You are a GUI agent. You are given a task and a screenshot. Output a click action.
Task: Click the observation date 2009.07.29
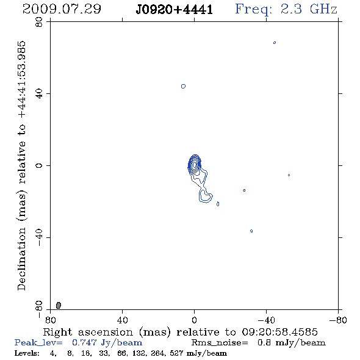coord(62,9)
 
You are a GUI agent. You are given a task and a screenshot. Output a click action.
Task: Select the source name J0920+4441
coord(175,10)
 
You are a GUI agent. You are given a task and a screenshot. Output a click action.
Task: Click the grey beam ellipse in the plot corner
coord(59,305)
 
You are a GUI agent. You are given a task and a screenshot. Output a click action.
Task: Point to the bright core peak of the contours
coord(195,164)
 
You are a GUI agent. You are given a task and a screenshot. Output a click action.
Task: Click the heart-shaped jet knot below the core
coord(206,195)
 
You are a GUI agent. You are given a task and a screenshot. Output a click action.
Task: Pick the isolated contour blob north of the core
coord(183,86)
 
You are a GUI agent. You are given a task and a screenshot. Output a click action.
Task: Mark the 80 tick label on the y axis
coord(39,22)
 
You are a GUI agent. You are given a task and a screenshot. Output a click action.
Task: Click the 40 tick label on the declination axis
coord(39,94)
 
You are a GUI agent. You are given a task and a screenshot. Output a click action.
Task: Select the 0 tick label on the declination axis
coord(39,165)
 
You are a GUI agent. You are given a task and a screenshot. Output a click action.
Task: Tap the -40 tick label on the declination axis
coord(39,237)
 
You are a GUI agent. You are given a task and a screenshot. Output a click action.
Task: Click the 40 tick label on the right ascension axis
coord(122,320)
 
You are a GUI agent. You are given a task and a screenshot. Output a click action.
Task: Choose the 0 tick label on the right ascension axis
coord(194,320)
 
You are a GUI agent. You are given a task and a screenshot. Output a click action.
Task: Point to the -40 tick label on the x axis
coord(266,320)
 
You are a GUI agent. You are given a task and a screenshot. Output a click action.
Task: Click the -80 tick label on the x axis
coord(338,320)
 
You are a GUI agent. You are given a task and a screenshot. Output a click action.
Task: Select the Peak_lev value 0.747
coord(84,342)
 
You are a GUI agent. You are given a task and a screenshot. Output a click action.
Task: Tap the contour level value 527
coord(176,353)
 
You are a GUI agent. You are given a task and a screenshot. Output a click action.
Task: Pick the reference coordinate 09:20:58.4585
coord(279,332)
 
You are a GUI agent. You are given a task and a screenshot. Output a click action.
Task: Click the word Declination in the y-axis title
coord(21,259)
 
